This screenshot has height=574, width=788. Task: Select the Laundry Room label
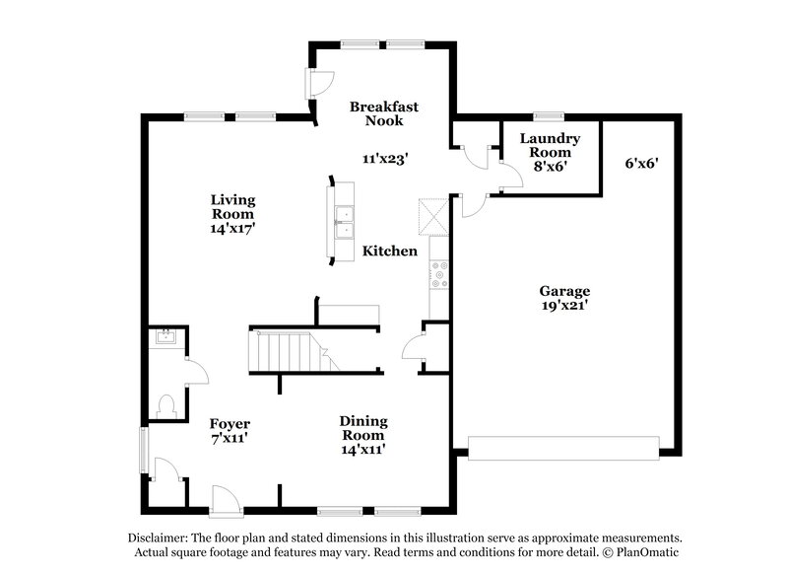[550, 146]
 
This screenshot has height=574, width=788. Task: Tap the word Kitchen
[390, 251]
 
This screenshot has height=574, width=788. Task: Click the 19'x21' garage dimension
[564, 306]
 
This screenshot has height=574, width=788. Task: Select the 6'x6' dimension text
[640, 164]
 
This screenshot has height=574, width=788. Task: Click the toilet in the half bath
[166, 405]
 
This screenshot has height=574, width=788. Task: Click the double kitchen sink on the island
[344, 223]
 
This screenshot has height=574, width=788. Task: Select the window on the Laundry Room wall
[548, 117]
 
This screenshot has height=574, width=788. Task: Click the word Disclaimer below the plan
[160, 538]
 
